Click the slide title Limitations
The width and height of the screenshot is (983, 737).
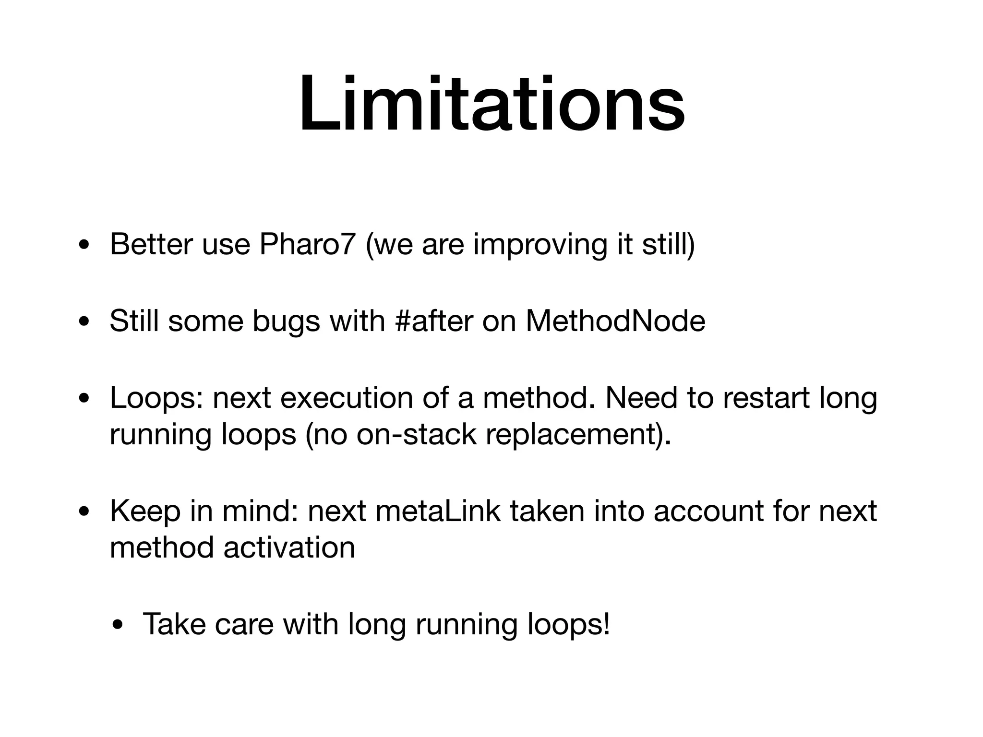(491, 105)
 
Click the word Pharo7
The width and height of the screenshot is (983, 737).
(308, 244)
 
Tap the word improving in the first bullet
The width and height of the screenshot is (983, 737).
(540, 245)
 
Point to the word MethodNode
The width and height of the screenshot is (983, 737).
(615, 321)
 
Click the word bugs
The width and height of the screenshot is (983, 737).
(286, 321)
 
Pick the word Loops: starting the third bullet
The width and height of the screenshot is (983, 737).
(156, 398)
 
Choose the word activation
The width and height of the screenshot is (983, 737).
(289, 547)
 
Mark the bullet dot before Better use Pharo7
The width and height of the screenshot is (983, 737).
(84, 245)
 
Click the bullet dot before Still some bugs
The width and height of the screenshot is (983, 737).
(84, 322)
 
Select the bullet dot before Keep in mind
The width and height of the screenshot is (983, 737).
(84, 512)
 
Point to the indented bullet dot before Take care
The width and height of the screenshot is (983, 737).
(118, 625)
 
